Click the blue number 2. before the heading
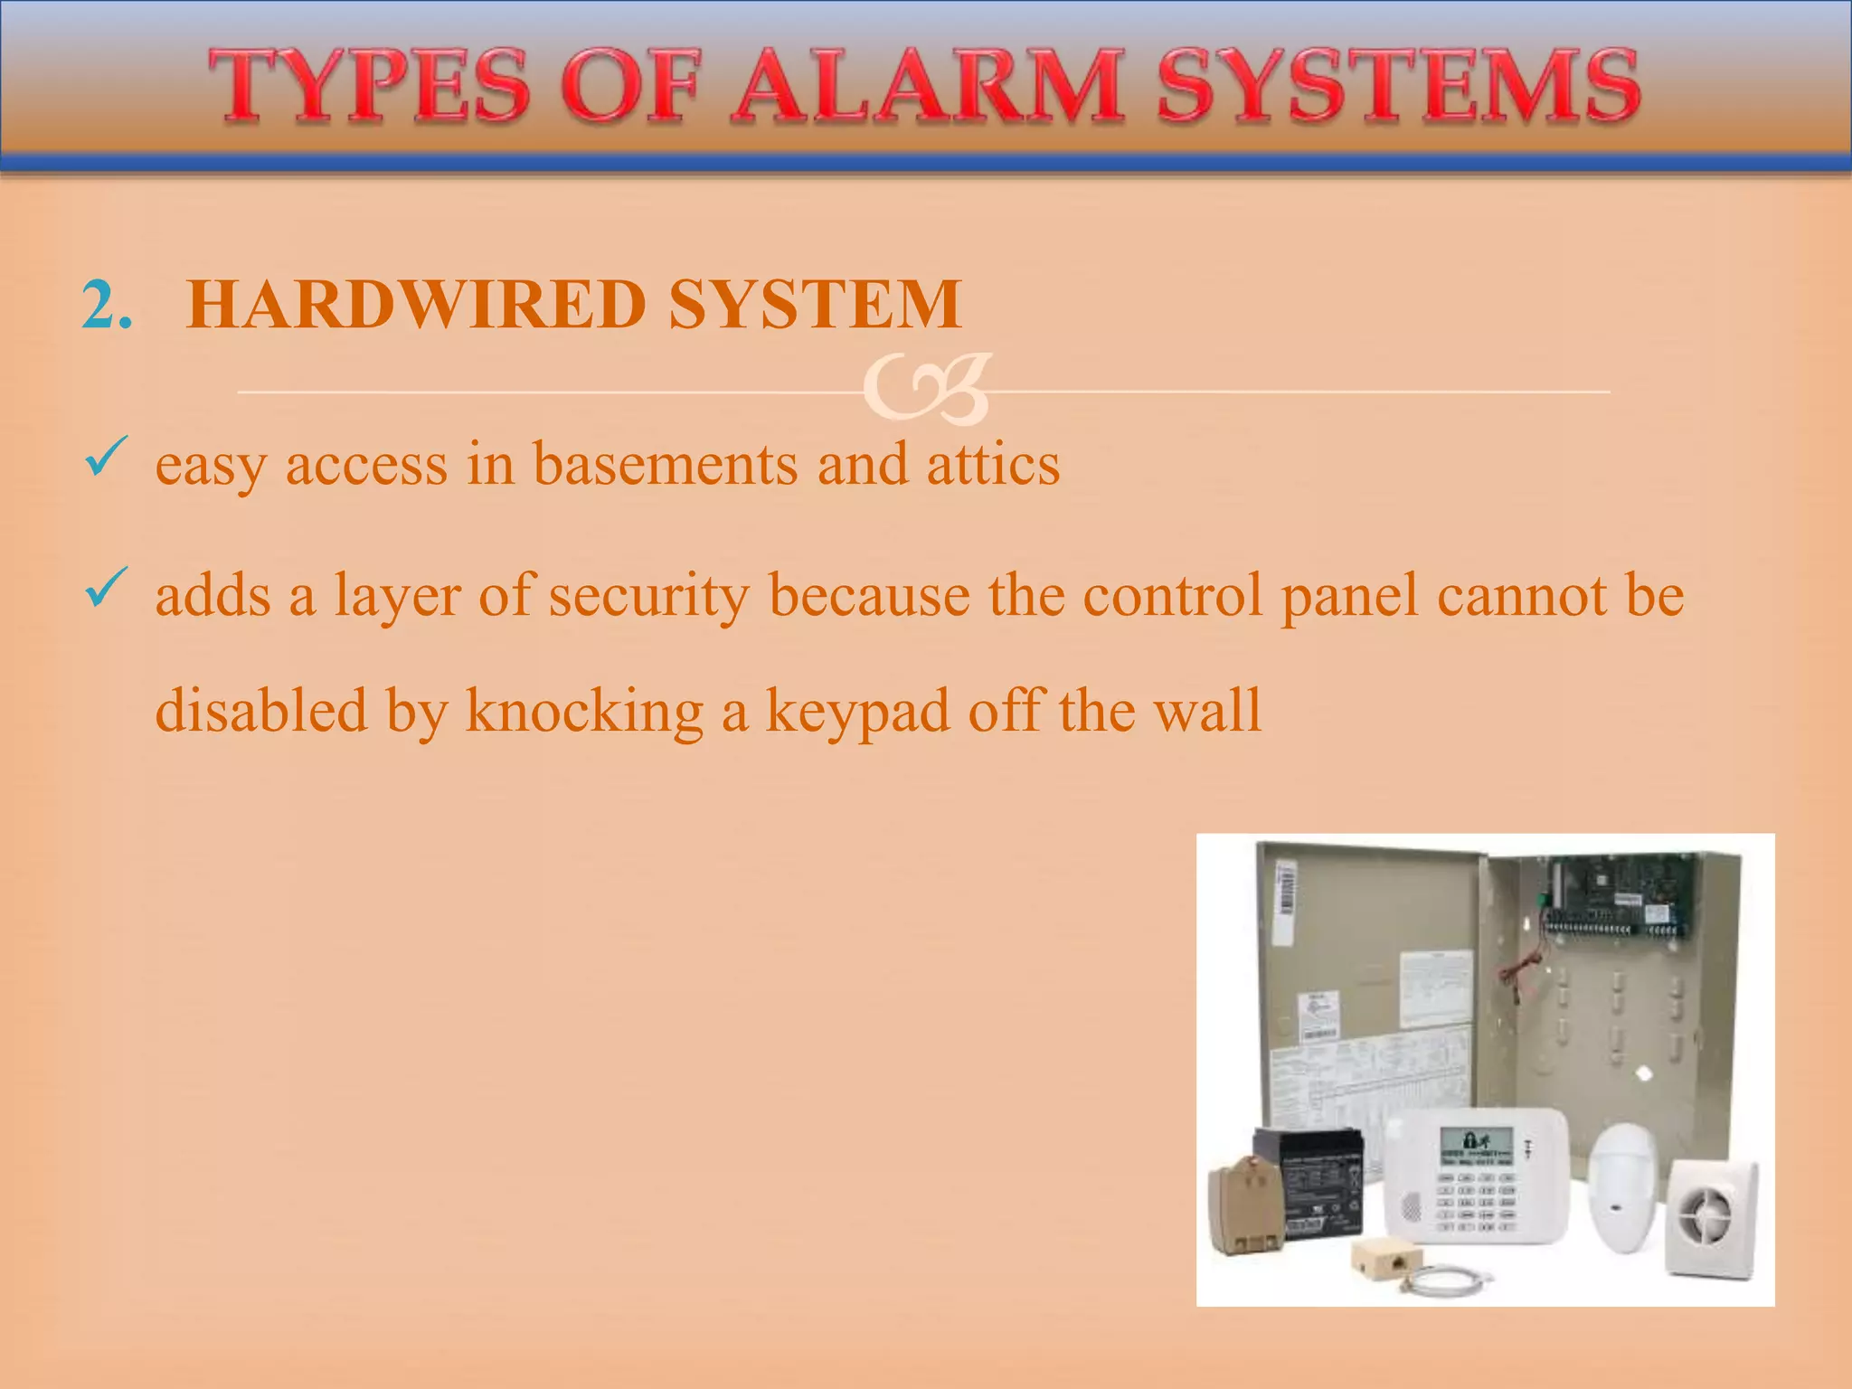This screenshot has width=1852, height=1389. point(107,305)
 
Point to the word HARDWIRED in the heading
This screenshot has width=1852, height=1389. point(415,305)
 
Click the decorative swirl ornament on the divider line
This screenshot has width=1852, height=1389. point(927,390)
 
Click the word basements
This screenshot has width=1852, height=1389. point(665,465)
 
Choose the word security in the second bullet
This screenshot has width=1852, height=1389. point(648,597)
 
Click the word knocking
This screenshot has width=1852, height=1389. point(584,712)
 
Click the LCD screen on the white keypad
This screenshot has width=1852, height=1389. point(1476,1147)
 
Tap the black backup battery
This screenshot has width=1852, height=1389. point(1311,1185)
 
